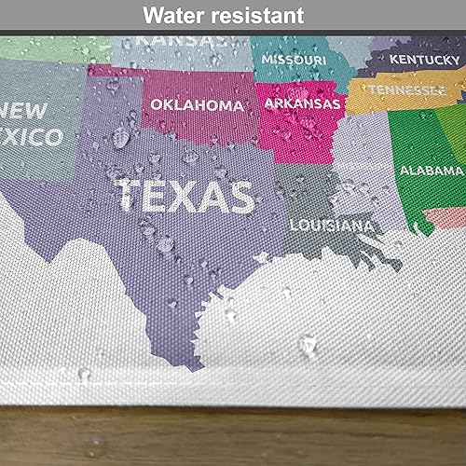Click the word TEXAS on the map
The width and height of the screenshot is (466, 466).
(x=185, y=197)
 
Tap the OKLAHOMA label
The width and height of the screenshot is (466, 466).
(x=197, y=105)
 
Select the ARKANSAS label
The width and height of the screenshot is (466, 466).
(x=302, y=103)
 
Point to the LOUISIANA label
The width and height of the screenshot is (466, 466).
(x=331, y=226)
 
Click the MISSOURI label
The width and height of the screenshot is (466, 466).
(x=294, y=60)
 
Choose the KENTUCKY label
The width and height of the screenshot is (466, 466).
(x=424, y=60)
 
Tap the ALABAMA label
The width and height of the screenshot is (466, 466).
(x=432, y=171)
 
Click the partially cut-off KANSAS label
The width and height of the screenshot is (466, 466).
(x=182, y=41)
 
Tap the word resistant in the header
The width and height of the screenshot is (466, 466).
(x=260, y=16)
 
